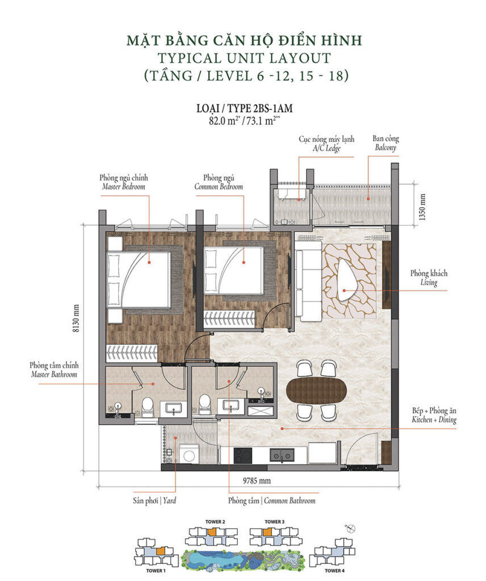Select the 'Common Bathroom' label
click(x=271, y=501)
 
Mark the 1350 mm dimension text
click(x=422, y=209)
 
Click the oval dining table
click(x=316, y=390)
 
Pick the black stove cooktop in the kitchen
click(x=244, y=455)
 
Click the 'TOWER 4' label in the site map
click(x=334, y=571)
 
